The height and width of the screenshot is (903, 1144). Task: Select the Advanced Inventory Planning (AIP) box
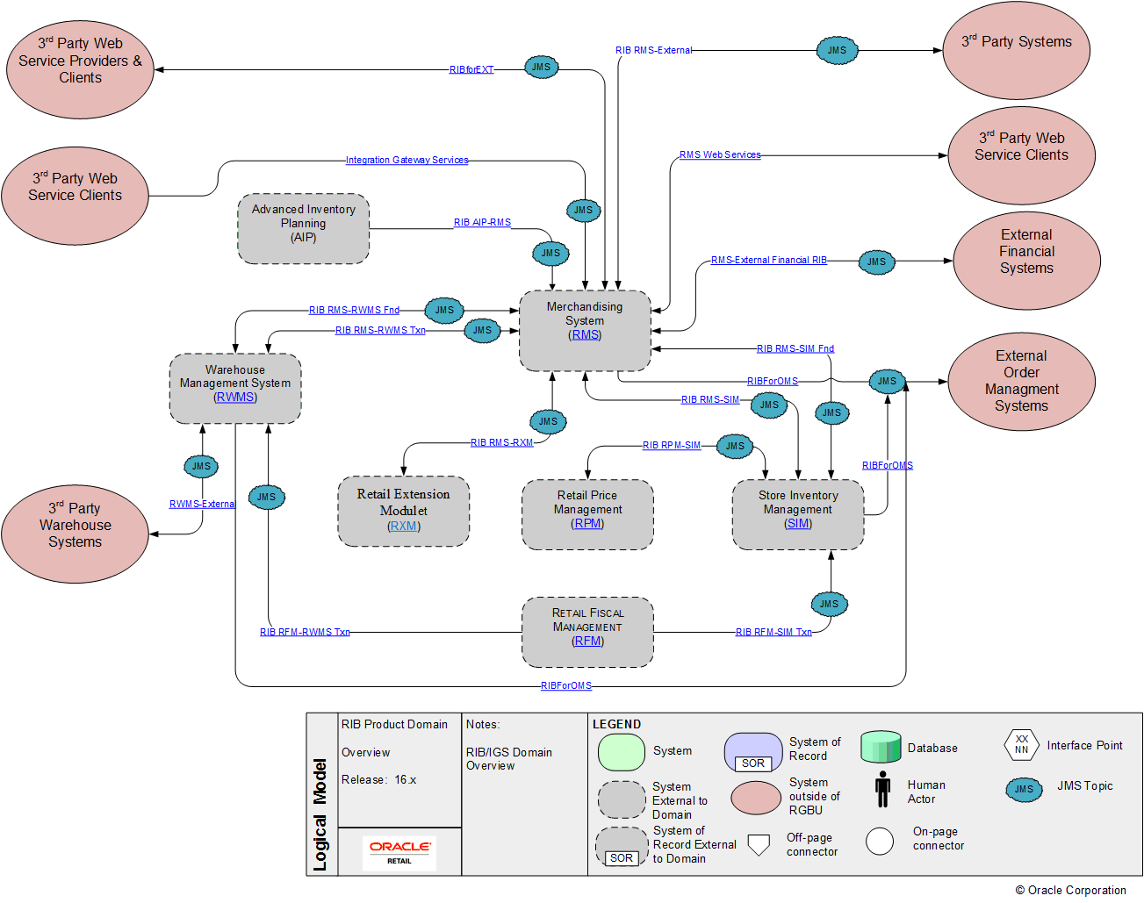tap(303, 228)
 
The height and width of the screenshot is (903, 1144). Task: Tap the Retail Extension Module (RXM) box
tap(403, 511)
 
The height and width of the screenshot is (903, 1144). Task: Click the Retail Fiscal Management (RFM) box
tap(587, 632)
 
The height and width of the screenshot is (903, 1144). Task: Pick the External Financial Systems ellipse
tap(1026, 261)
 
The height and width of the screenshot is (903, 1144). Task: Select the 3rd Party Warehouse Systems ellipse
tap(75, 534)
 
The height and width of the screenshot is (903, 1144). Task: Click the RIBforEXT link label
tap(471, 69)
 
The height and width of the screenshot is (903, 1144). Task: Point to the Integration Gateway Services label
tap(407, 160)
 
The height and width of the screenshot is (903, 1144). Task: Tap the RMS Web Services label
tap(720, 154)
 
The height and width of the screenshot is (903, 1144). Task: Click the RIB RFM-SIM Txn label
tap(773, 632)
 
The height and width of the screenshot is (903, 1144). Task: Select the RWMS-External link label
tap(202, 504)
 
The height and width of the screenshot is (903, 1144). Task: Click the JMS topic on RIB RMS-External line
tap(837, 50)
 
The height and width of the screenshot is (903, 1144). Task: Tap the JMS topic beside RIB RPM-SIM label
tap(735, 446)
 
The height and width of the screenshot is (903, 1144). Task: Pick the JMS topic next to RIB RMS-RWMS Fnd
tap(444, 310)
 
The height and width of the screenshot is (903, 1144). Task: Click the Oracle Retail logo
tap(399, 851)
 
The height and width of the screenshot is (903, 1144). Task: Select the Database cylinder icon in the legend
tap(881, 747)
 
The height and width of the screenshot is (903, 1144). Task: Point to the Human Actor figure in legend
tap(882, 789)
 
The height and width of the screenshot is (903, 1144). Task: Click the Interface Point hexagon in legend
tap(1021, 745)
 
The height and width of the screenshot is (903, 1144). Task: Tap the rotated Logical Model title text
tap(320, 814)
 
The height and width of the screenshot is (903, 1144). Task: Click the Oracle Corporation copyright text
tap(1070, 890)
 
